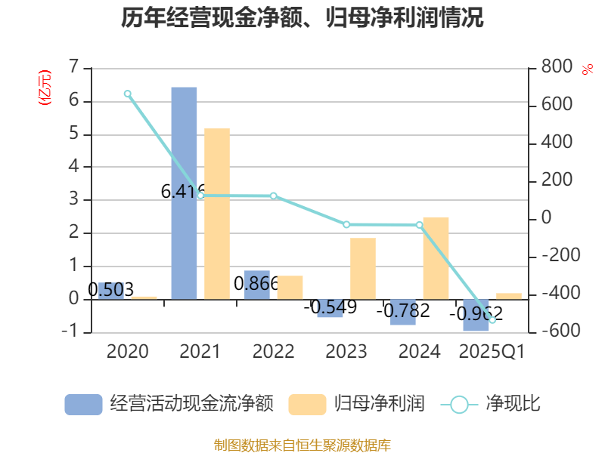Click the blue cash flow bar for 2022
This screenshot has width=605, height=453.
click(256, 285)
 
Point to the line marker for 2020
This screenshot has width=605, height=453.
click(128, 94)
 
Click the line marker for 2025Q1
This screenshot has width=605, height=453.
click(492, 320)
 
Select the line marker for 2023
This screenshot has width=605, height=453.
click(346, 224)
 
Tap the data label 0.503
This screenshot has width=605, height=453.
click(110, 289)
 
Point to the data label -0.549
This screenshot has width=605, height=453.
click(330, 307)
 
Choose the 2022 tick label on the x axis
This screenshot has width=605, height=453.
click(273, 351)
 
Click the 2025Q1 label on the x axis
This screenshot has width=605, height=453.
click(492, 351)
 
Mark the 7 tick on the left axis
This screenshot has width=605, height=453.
click(74, 67)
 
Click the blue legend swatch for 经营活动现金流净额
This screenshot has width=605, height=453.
click(83, 404)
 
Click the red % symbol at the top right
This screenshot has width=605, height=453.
click(588, 69)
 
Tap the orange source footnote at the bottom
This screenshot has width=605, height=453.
click(302, 445)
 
